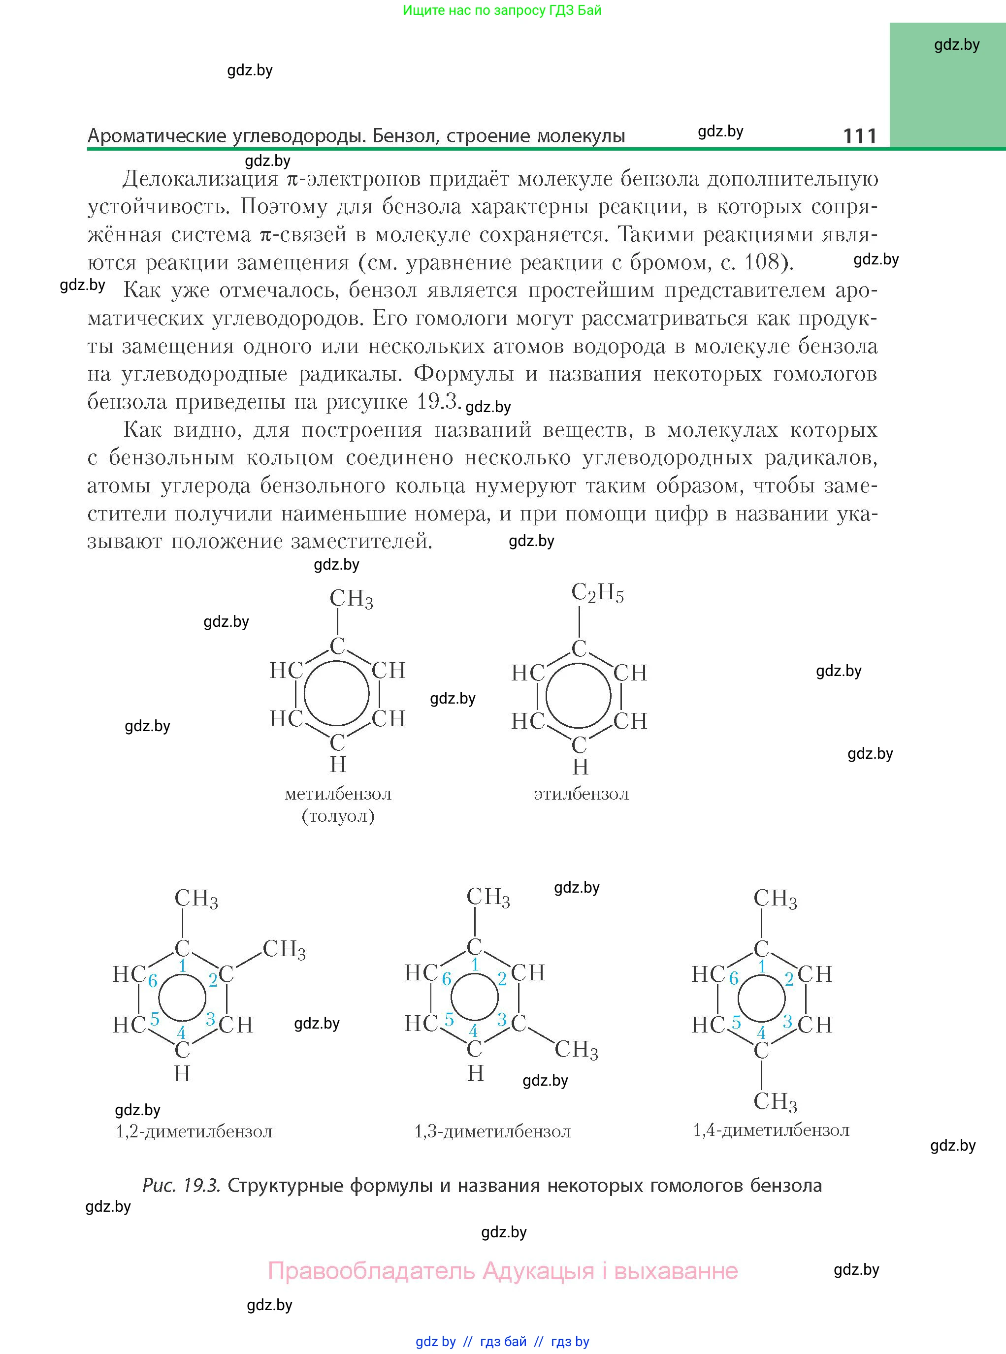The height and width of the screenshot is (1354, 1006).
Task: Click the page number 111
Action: [x=859, y=136]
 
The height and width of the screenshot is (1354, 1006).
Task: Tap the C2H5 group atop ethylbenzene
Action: [x=597, y=592]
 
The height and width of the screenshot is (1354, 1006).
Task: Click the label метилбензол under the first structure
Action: [x=338, y=794]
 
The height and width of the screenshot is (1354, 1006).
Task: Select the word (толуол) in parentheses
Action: [x=338, y=816]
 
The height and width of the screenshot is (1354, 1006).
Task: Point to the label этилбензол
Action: [x=581, y=794]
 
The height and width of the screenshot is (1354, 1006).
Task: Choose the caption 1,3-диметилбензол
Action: [x=492, y=1131]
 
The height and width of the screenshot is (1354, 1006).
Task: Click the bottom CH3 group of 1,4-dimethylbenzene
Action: [x=775, y=1101]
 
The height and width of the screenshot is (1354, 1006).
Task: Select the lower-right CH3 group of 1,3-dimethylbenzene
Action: [x=576, y=1049]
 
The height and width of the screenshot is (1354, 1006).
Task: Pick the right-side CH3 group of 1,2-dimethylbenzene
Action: [x=284, y=949]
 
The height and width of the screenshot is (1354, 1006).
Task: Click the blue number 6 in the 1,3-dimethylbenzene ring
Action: [x=446, y=979]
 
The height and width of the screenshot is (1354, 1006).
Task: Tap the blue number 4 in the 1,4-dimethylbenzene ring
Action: [x=761, y=1032]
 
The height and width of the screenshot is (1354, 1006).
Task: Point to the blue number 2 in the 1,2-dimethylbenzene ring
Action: [x=213, y=980]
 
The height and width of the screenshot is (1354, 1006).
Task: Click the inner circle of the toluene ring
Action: [x=337, y=694]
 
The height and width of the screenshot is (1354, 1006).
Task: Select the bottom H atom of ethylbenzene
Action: [x=581, y=767]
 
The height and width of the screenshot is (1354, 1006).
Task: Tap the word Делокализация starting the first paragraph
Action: [x=200, y=179]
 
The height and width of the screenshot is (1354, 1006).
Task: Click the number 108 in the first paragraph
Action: [x=762, y=262]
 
